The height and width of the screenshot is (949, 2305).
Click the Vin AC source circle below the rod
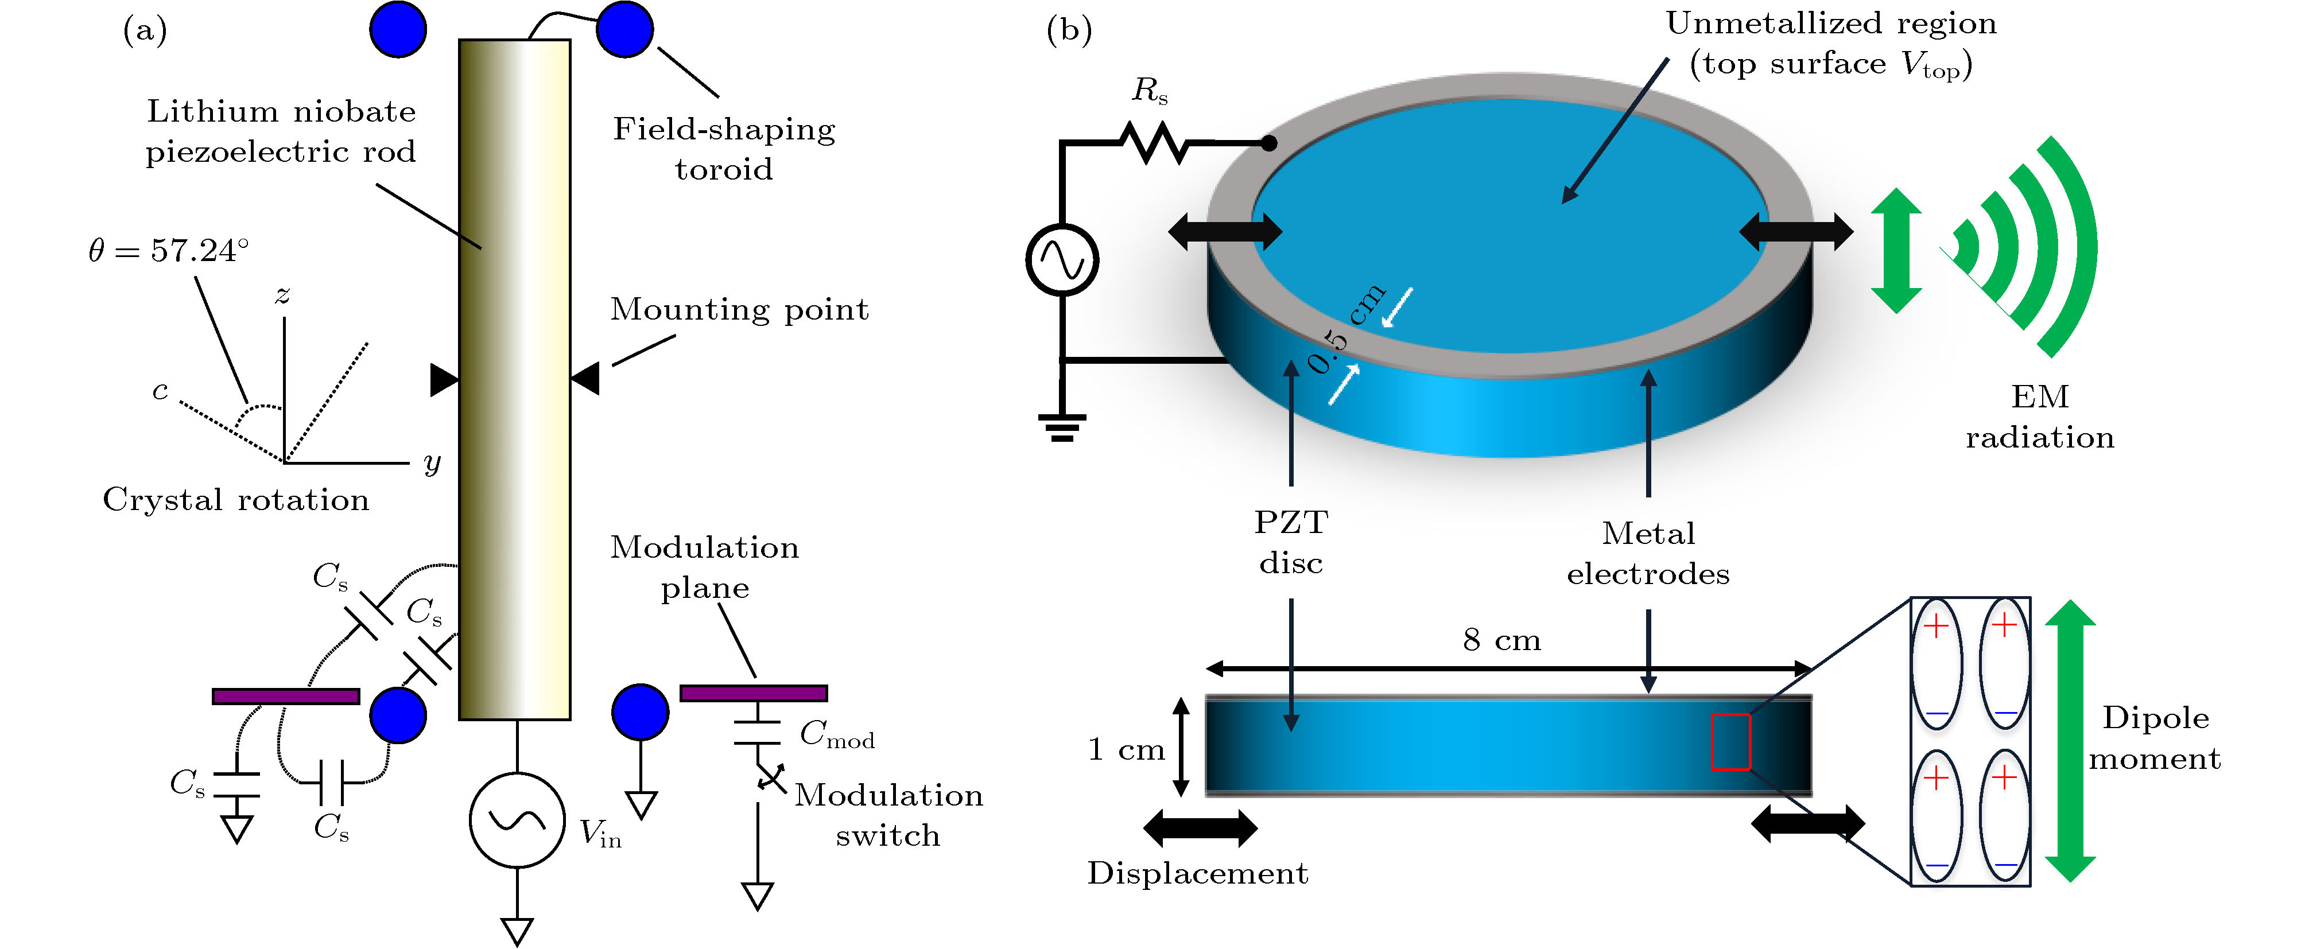[x=517, y=819]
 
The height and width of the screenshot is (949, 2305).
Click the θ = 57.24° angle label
[x=168, y=250]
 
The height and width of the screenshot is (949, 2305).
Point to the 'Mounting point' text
[x=739, y=309]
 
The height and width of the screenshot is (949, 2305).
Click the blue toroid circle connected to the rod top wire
[x=624, y=29]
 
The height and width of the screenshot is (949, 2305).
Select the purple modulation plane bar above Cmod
[x=754, y=693]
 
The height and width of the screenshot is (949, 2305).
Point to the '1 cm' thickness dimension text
[x=1126, y=749]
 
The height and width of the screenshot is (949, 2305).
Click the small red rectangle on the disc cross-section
[x=1730, y=741]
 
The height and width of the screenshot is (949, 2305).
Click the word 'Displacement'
[x=1197, y=873]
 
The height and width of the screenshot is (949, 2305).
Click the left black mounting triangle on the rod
[x=443, y=379]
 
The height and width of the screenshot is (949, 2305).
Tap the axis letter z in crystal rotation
[x=283, y=295]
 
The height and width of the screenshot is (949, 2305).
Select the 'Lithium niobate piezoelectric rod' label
[x=281, y=131]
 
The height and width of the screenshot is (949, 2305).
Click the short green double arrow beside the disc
[x=1895, y=250]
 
